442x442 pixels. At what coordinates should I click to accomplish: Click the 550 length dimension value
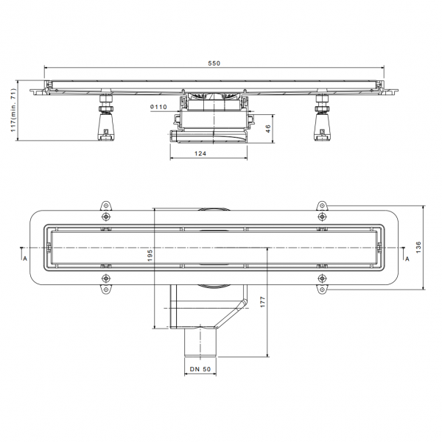214,63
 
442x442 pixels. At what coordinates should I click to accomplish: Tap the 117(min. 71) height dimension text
13,110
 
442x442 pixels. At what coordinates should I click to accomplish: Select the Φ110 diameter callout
158,107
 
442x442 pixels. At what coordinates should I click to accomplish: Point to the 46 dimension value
268,128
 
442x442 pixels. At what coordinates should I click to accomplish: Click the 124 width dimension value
200,153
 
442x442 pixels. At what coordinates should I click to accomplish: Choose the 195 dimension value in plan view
150,255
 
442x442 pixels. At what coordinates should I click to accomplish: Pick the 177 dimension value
263,301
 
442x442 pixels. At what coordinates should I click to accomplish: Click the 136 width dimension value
418,248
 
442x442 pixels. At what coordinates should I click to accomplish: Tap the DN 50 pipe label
200,369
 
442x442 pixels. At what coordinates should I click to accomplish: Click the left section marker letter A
25,259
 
